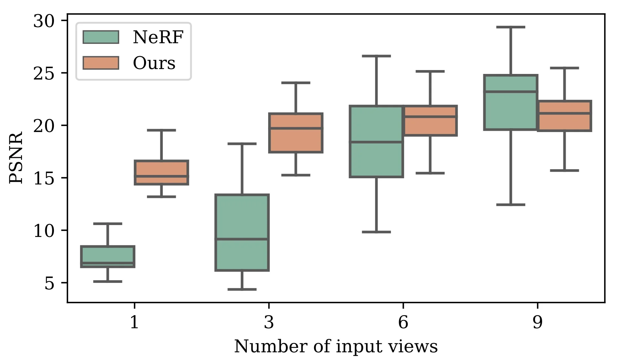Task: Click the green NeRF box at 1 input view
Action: (108, 257)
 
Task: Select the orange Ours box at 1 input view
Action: (161, 172)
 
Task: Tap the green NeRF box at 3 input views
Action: (242, 232)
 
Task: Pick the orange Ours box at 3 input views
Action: (296, 133)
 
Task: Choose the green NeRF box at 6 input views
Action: (376, 141)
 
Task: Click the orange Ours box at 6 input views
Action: (430, 120)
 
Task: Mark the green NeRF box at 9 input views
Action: (510, 102)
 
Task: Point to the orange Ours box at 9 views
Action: (564, 116)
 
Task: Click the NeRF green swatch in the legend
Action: (101, 37)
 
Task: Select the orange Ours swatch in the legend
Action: (101, 63)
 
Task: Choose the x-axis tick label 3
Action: (269, 322)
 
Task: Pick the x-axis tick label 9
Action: (537, 322)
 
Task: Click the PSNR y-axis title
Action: (16, 157)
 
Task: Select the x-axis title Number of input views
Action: (336, 347)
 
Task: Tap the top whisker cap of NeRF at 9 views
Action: (510, 27)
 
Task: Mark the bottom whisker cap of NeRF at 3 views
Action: (242, 289)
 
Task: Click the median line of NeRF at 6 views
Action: (376, 142)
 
